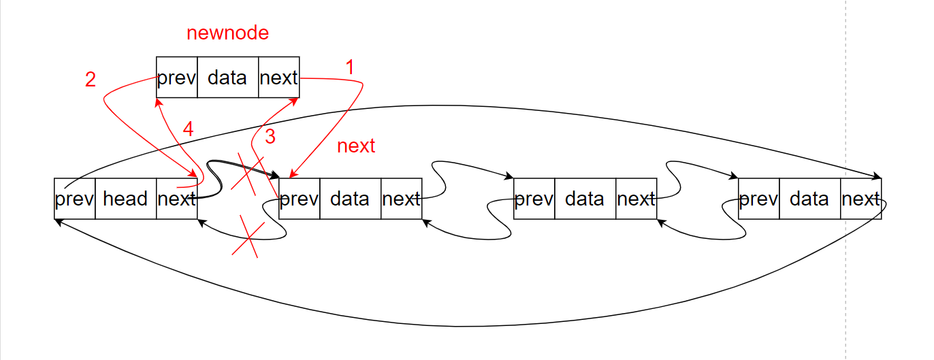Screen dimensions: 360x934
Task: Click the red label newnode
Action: tap(227, 33)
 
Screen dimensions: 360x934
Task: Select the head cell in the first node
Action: tap(125, 199)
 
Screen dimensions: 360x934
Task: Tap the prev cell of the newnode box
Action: tap(176, 78)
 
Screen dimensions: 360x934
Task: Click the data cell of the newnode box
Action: tap(227, 78)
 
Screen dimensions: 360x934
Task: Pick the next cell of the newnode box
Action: tap(278, 78)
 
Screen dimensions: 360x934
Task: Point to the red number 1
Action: tap(350, 67)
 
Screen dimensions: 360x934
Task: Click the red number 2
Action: tap(90, 80)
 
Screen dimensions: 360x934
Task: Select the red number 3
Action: tap(270, 137)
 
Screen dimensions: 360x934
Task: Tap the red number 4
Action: tap(189, 129)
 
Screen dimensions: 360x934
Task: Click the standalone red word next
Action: tap(356, 146)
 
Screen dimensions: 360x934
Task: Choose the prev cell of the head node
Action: tap(74, 199)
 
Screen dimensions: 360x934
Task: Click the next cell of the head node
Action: tap(176, 199)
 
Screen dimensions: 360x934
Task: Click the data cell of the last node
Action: tap(809, 199)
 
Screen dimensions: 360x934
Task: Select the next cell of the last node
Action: tap(860, 199)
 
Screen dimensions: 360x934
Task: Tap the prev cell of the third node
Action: tap(534, 199)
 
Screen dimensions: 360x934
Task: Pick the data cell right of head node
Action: tap(350, 199)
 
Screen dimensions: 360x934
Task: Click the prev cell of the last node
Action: tap(758, 199)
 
